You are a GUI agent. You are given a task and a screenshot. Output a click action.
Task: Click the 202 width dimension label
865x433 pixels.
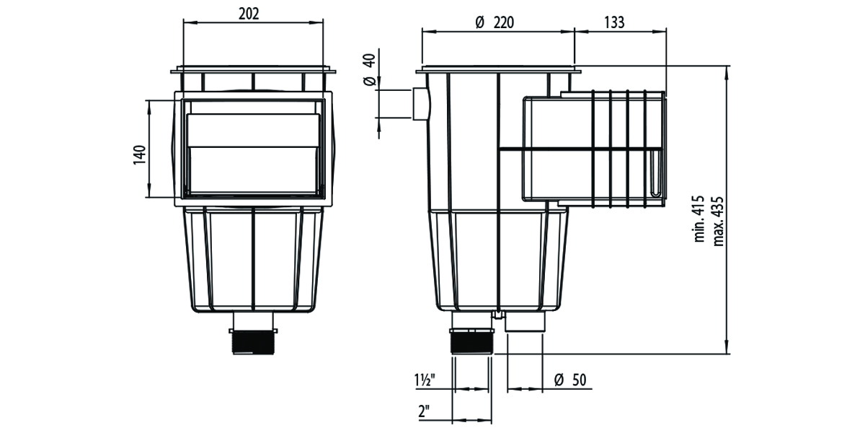249,14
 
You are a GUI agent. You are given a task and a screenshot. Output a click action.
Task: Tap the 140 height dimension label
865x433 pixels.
140,155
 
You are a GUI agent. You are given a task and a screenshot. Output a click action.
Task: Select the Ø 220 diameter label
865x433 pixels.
494,22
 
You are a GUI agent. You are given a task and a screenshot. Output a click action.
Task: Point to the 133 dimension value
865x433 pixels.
613,22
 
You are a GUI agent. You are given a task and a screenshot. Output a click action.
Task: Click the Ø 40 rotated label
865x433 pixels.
369,70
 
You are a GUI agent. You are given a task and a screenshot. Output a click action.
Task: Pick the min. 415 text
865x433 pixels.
699,219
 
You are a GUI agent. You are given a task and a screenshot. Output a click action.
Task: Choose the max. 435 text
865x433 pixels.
718,222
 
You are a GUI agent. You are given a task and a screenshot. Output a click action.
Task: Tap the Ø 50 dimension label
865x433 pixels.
570,380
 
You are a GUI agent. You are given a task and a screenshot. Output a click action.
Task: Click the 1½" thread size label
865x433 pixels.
425,380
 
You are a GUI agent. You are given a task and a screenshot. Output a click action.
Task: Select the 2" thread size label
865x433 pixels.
425,411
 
